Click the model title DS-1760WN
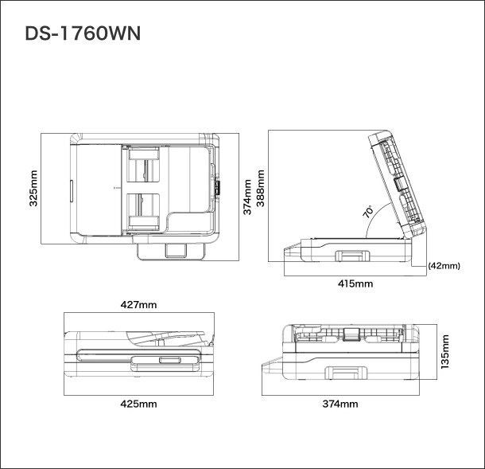pos(83,33)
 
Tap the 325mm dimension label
pos(33,188)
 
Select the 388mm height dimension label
pos(261,188)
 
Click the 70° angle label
pos(368,212)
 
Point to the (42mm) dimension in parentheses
pos(444,266)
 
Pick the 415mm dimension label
pos(355,283)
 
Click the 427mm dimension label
pos(138,305)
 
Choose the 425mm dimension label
pos(138,404)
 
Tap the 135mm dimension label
pos(444,352)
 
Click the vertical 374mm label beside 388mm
pos(246,197)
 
